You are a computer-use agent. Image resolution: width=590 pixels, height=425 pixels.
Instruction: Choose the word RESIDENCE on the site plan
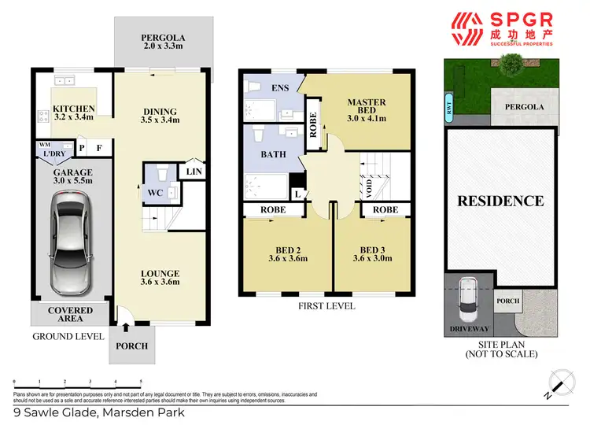[500, 201]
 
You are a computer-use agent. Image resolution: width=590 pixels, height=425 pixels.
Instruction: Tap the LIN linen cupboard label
[193, 170]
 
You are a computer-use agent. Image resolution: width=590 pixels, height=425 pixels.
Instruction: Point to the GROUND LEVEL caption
[68, 336]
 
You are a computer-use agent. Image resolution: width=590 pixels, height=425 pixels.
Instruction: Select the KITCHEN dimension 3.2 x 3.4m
[73, 119]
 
